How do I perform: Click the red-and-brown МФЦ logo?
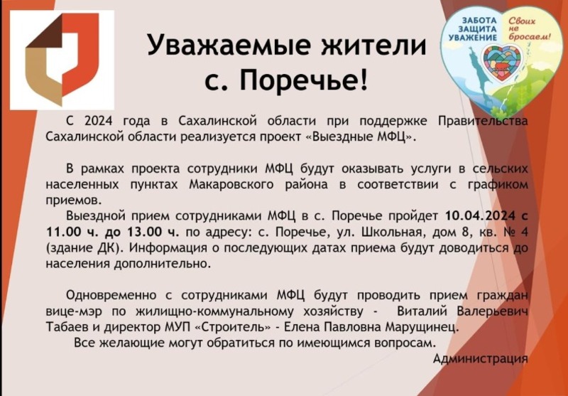62,60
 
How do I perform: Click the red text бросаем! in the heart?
529,36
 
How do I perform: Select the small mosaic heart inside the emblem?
501,63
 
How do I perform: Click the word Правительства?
483,121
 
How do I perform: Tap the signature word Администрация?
481,359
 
